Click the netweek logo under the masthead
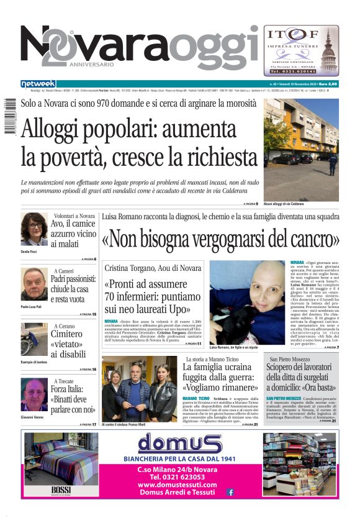pyautogui.click(x=38, y=84)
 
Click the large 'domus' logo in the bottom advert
pyautogui.click(x=179, y=443)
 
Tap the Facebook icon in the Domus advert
pyautogui.click(x=230, y=492)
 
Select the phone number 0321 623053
pyautogui.click(x=178, y=476)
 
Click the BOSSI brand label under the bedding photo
pyautogui.click(x=61, y=491)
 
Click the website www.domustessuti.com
pyautogui.click(x=178, y=484)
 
